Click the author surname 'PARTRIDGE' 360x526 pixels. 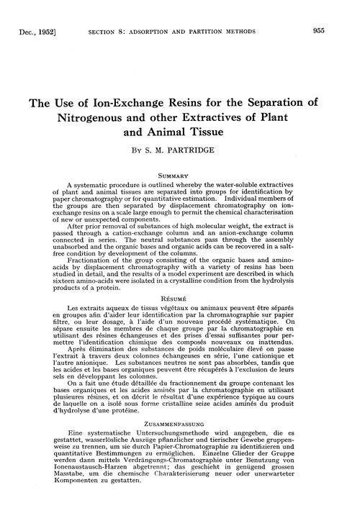[x=204, y=153]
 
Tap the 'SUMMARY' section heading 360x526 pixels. [x=180, y=174]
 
